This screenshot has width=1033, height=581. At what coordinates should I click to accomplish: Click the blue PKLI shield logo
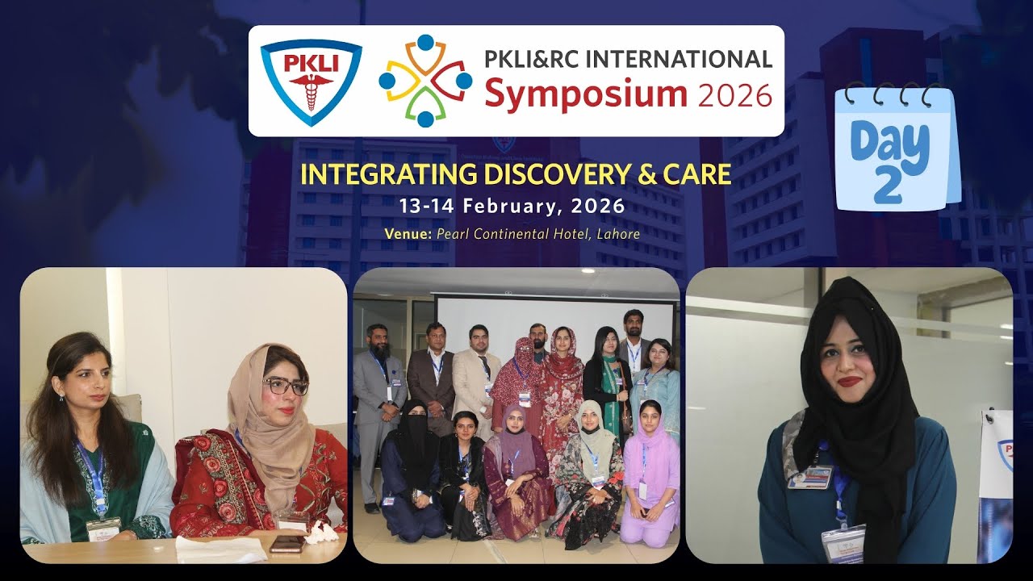(311, 82)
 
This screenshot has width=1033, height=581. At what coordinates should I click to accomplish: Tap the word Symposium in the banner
(585, 94)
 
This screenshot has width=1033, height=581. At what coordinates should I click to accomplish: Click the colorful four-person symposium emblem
(425, 81)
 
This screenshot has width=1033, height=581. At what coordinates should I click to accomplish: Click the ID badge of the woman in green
(103, 529)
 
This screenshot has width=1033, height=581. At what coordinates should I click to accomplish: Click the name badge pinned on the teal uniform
(810, 477)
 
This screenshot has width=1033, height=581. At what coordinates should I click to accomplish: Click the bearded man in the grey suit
(378, 403)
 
